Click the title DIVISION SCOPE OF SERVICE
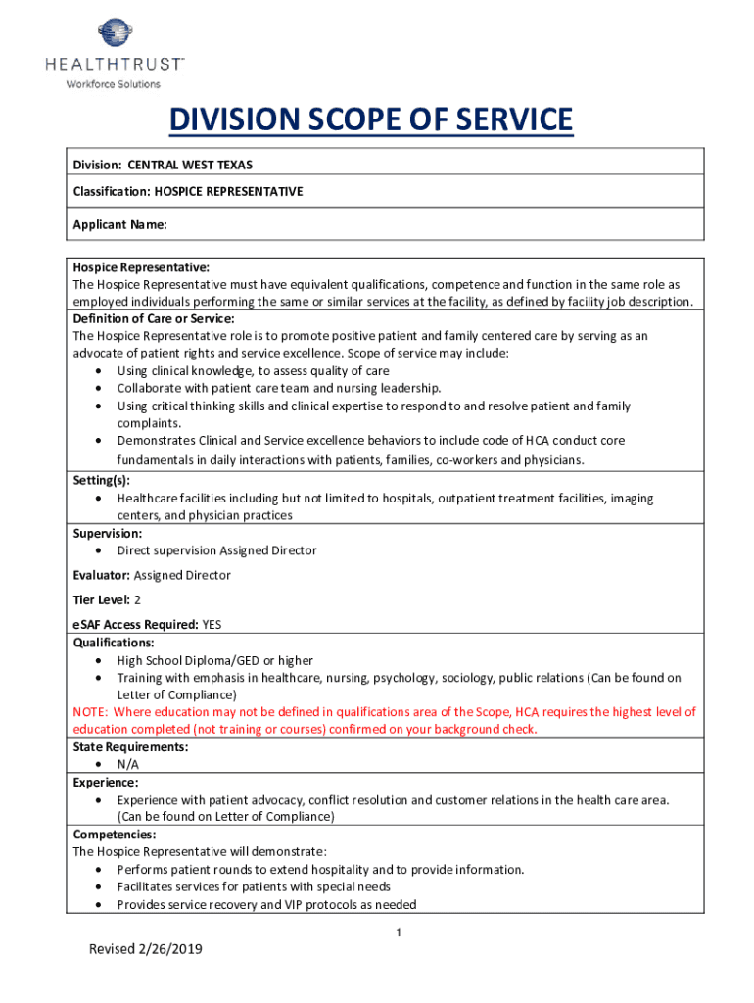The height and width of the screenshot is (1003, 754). click(370, 120)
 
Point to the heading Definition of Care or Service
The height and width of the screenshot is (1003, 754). click(154, 318)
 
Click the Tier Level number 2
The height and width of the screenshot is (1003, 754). click(137, 599)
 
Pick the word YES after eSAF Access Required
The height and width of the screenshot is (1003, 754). click(212, 624)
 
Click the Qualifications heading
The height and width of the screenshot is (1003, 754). click(114, 643)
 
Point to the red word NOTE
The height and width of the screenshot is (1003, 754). click(90, 712)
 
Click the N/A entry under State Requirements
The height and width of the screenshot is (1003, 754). click(128, 764)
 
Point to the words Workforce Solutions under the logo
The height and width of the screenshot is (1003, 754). click(113, 84)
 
